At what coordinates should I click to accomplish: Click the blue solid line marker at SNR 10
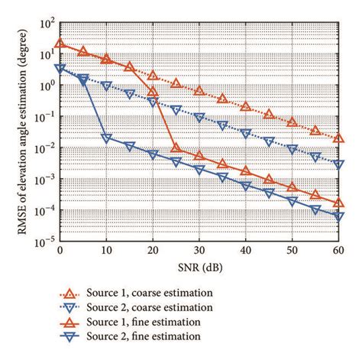pos(106,139)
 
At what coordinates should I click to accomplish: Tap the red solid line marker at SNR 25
pos(176,148)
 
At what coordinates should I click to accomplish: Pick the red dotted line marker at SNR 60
pos(338,138)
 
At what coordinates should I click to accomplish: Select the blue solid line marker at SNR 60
pos(338,217)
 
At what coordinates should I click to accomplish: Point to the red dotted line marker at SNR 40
pos(245,107)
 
